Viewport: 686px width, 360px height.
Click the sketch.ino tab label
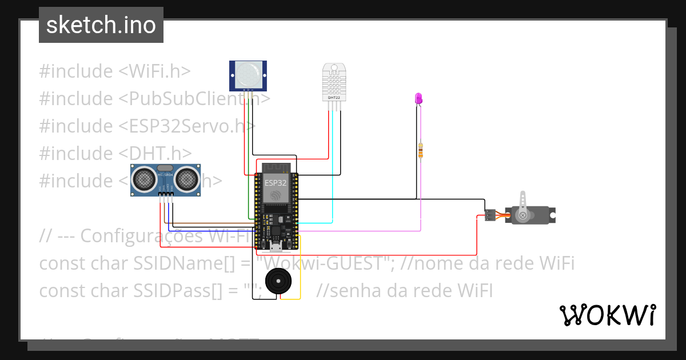pos(101,25)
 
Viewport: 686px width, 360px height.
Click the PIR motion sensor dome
pos(248,74)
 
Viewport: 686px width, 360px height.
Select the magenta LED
pos(418,98)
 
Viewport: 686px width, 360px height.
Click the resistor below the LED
pos(421,151)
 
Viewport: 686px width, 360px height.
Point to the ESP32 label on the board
pos(276,183)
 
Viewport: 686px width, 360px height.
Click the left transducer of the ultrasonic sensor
pos(143,179)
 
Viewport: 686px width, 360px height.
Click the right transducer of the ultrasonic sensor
pos(187,179)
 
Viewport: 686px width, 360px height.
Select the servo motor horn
pos(523,214)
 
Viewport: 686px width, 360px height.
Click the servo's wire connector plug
pos(490,215)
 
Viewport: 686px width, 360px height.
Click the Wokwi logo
pos(607,315)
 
